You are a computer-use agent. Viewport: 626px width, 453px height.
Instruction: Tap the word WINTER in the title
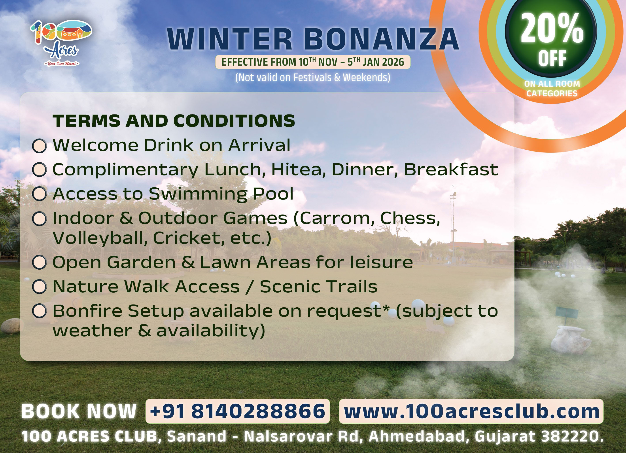tap(230, 39)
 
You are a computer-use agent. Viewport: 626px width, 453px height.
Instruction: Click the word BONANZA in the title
tap(382, 39)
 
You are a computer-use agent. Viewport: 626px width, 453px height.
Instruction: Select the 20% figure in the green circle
tap(552, 29)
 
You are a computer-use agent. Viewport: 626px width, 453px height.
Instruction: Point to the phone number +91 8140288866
tap(237, 411)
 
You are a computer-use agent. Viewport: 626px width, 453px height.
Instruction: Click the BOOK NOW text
tap(79, 411)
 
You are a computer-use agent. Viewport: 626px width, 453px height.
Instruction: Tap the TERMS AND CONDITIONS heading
tap(174, 121)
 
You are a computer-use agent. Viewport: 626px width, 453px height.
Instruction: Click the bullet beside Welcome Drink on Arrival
tap(40, 146)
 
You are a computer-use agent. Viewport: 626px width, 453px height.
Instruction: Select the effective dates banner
tap(313, 62)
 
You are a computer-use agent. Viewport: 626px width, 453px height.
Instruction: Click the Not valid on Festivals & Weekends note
tap(313, 78)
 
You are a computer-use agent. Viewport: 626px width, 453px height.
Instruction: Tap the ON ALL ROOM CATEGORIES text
tap(552, 88)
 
